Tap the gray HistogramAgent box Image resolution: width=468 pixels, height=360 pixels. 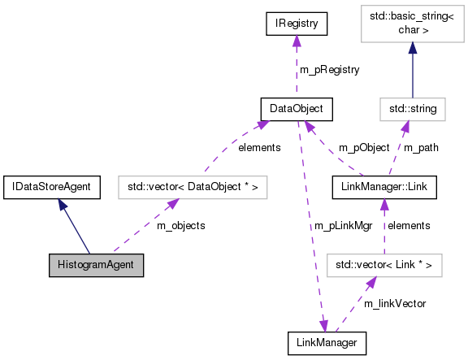click(96, 265)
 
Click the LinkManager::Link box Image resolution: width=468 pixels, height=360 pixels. click(385, 187)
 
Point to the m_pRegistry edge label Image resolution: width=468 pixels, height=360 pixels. click(329, 70)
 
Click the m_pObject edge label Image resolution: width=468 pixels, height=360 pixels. click(364, 148)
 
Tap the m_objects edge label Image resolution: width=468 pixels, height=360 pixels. click(180, 225)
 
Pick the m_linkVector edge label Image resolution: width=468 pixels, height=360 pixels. click(395, 303)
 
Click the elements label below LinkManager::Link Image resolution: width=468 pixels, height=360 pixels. click(409, 225)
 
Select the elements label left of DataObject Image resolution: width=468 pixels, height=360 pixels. click(259, 148)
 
